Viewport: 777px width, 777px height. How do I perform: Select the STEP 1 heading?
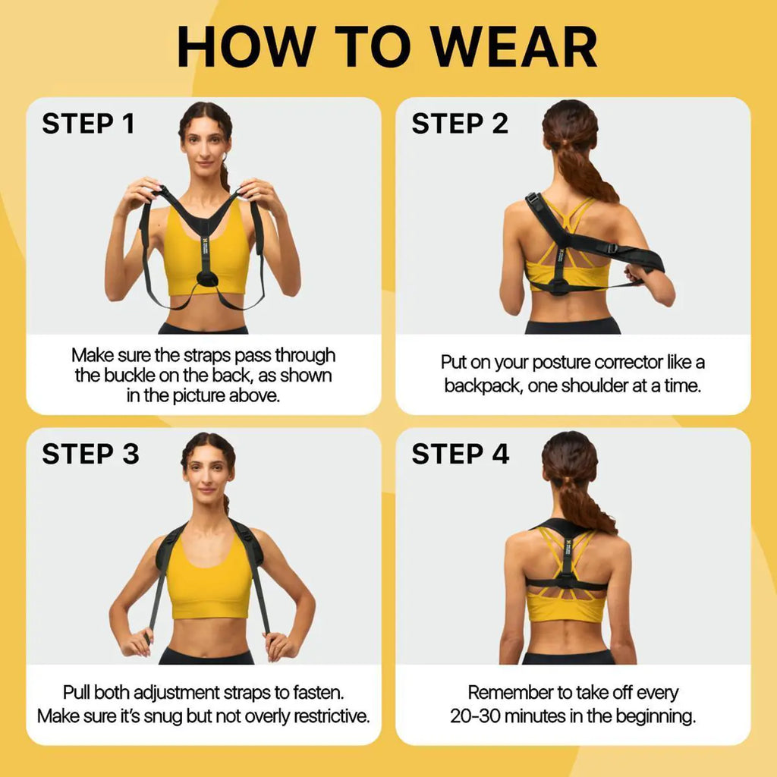tap(88, 124)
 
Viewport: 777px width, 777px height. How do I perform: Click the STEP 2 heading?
tap(460, 124)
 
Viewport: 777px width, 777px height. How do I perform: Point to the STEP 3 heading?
tap(90, 454)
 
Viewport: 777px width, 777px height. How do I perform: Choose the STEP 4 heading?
tap(461, 454)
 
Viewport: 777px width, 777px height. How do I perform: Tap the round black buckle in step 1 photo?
tap(206, 278)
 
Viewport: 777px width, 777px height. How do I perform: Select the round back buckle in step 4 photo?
tap(567, 583)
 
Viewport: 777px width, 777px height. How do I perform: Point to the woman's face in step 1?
tap(206, 144)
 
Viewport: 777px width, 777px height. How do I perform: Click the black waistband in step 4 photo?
tap(569, 657)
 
